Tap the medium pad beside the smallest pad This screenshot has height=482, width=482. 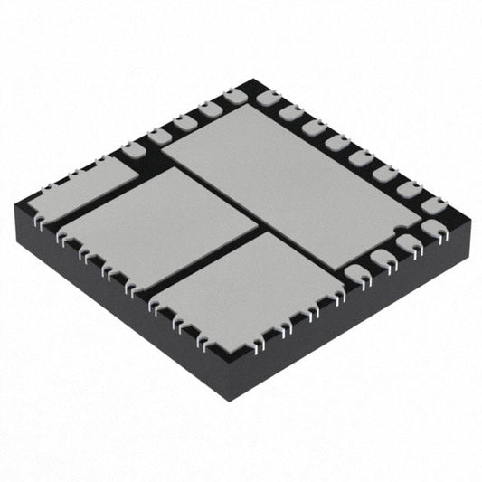point(158,226)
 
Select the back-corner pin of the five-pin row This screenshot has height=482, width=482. point(235,94)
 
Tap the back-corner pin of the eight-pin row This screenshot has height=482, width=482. point(268,98)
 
